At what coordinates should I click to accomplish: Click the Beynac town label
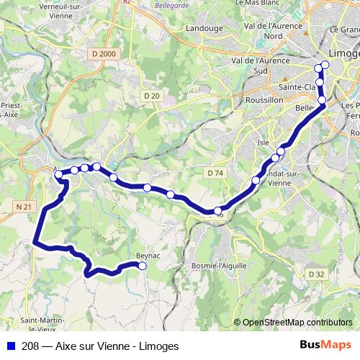(148, 256)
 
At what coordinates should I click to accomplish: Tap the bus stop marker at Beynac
(142, 266)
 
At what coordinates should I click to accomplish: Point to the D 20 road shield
(151, 96)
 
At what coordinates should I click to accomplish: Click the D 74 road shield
(215, 173)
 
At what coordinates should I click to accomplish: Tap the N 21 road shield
(24, 207)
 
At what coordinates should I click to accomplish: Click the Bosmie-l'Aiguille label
(219, 266)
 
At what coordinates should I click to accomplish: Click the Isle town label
(264, 143)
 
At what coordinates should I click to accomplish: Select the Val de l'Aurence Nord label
(272, 30)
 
